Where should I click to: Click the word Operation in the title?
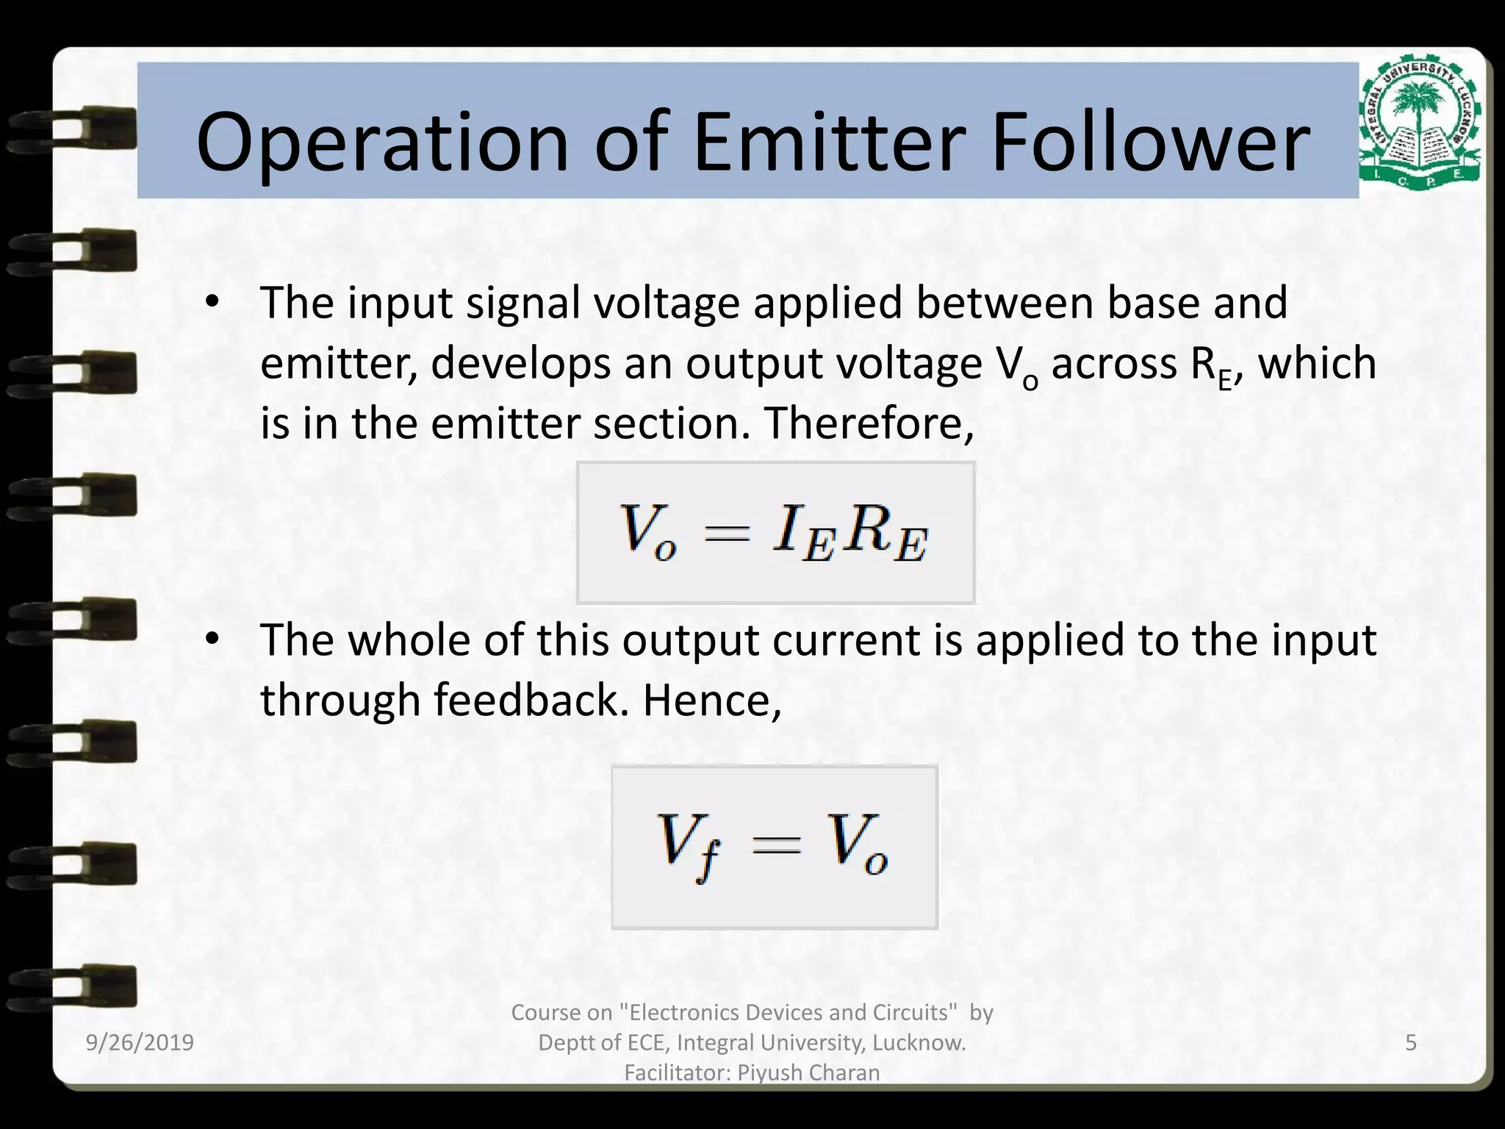click(382, 143)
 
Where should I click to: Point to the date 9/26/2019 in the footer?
click(140, 1042)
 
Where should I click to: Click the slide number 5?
click(1410, 1042)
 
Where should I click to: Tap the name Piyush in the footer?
click(769, 1072)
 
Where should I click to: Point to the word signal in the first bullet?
click(522, 303)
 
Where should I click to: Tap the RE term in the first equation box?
click(885, 532)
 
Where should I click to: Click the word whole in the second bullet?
click(409, 639)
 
